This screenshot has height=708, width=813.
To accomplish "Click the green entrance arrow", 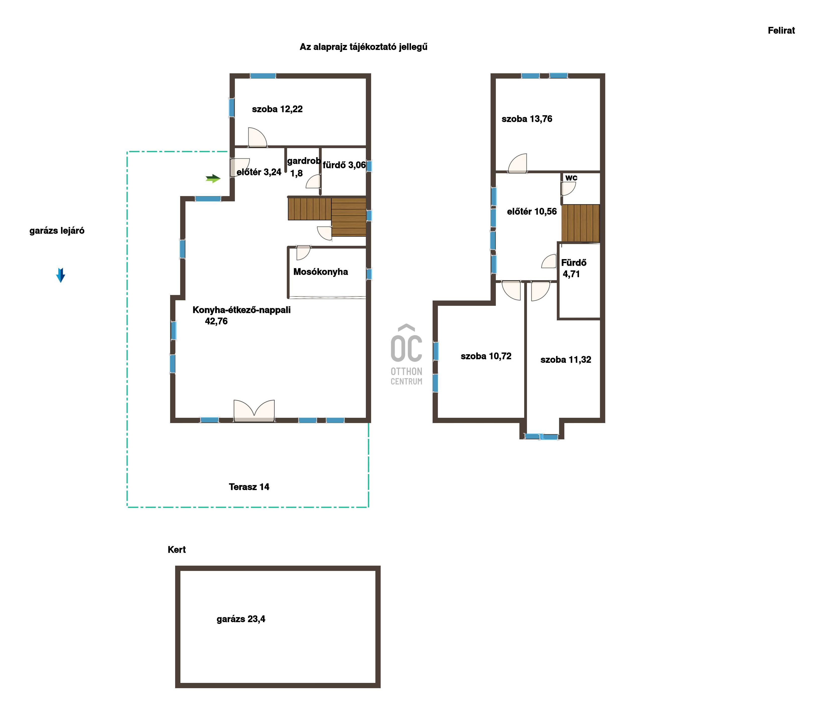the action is (x=213, y=179).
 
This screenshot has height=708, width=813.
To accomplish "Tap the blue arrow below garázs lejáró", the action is (x=60, y=275).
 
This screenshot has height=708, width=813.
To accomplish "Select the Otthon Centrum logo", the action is (x=406, y=355).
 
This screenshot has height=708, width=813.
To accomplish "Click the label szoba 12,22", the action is (x=277, y=109).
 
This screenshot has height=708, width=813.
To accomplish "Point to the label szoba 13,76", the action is (x=527, y=119).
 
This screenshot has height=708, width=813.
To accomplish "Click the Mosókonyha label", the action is (x=321, y=272).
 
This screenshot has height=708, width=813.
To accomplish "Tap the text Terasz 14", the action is (x=249, y=487).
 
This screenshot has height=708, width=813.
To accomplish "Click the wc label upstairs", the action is (x=571, y=178).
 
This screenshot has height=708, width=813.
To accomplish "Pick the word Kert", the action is (x=176, y=550).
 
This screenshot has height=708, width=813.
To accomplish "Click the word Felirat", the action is (x=781, y=30).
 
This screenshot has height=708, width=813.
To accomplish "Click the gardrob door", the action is (x=313, y=181).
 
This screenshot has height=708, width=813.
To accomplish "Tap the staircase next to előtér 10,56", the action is (x=580, y=223).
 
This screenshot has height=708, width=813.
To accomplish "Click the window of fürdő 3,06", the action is (x=369, y=166).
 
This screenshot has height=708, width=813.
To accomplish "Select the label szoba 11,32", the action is (x=566, y=360).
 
